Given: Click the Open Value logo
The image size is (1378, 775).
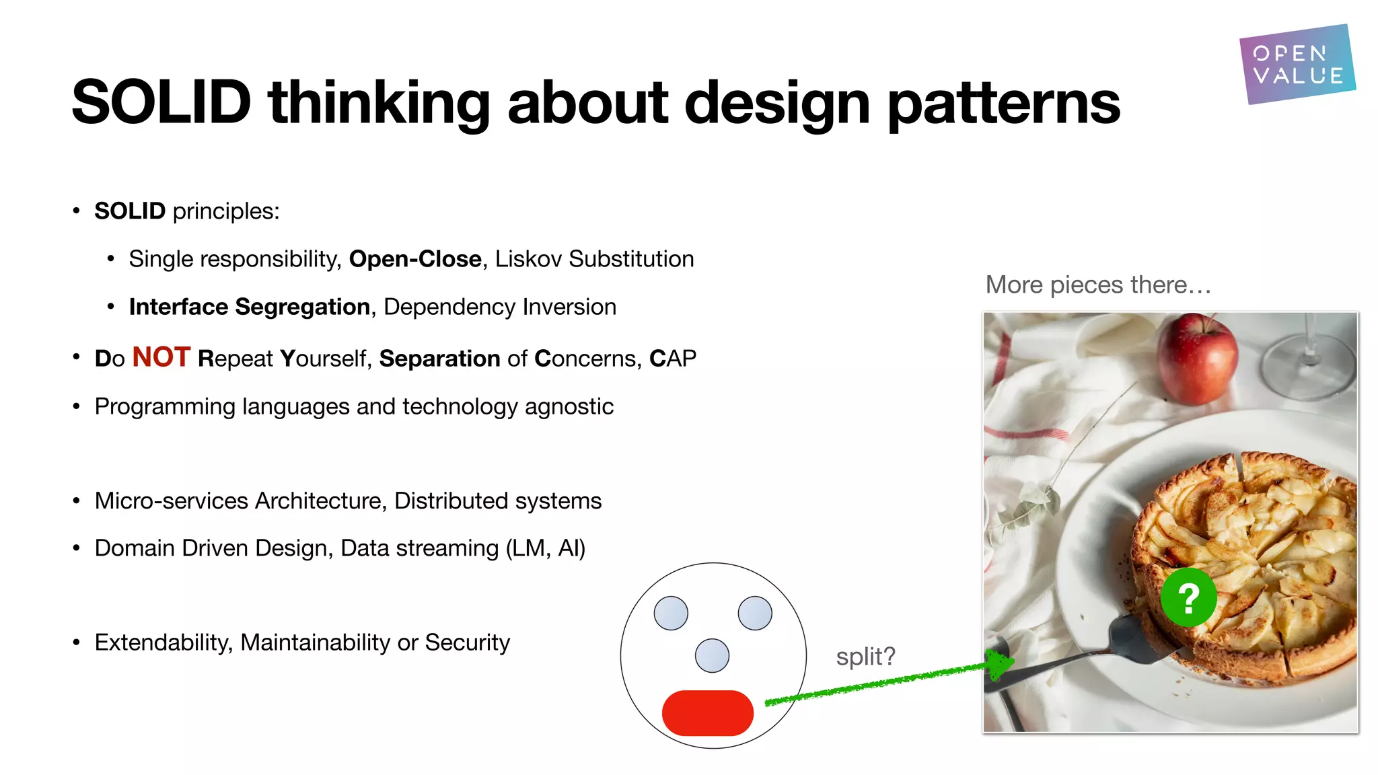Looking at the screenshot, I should [1297, 65].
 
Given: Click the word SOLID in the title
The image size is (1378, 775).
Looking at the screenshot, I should [161, 102].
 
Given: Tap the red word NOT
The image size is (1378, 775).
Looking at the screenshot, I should [161, 357].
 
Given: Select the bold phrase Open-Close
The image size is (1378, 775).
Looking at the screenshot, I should [415, 259].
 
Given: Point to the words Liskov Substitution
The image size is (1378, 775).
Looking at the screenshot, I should [594, 259].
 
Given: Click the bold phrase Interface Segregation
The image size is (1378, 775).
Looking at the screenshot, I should [249, 307].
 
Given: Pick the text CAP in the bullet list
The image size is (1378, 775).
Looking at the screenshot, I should [672, 359].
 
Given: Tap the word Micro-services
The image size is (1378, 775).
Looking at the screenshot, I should [172, 501].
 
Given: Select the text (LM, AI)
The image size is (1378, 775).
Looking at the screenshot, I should [545, 548].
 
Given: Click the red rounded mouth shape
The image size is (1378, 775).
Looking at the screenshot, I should [707, 713].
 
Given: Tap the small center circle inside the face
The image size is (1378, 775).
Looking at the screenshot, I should [712, 655].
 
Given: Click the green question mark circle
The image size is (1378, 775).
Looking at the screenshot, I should [1188, 597].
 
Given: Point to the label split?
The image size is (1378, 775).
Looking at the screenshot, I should [865, 656].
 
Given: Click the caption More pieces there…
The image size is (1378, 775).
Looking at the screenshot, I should [1098, 285].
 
